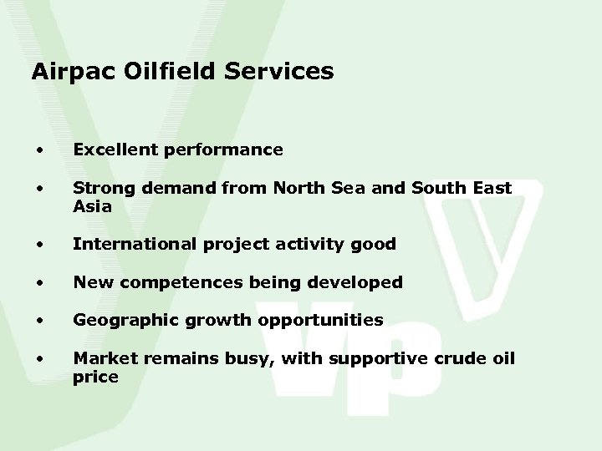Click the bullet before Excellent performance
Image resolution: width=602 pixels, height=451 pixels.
click(38, 151)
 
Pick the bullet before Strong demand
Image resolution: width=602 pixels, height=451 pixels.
click(38, 190)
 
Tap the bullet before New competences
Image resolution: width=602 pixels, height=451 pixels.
click(38, 283)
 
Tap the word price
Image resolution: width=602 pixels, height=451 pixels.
click(94, 377)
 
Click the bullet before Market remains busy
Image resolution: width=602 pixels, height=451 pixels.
click(38, 359)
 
